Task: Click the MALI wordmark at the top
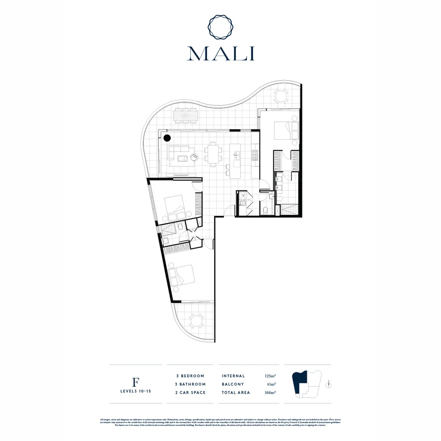click(220, 53)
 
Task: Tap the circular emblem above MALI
click(220, 26)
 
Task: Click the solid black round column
click(167, 138)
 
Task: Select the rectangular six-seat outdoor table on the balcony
click(186, 116)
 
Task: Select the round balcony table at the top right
click(281, 97)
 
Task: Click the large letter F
click(136, 382)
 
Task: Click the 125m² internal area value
click(270, 376)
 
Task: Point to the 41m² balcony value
click(272, 384)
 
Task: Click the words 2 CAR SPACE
click(188, 393)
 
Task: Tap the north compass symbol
click(328, 384)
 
